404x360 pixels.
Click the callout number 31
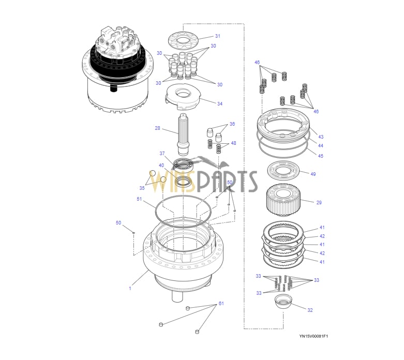(x=218, y=36)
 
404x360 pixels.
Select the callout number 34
(x=219, y=103)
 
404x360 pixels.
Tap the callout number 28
(x=157, y=128)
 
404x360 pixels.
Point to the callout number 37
(x=162, y=153)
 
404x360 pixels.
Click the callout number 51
(x=139, y=199)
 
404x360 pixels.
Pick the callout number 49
(x=313, y=174)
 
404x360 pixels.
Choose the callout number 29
(x=319, y=203)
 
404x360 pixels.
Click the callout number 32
(x=310, y=310)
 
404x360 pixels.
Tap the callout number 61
(x=221, y=303)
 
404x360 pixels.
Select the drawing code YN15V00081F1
(x=313, y=336)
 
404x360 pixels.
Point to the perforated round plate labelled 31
(x=183, y=40)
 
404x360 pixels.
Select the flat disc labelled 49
(x=283, y=170)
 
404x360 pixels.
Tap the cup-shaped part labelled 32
(x=283, y=302)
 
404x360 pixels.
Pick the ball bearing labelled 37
(x=183, y=164)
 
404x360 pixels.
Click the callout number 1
(x=130, y=288)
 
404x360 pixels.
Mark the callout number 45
(x=321, y=156)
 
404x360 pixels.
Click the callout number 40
(x=161, y=165)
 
